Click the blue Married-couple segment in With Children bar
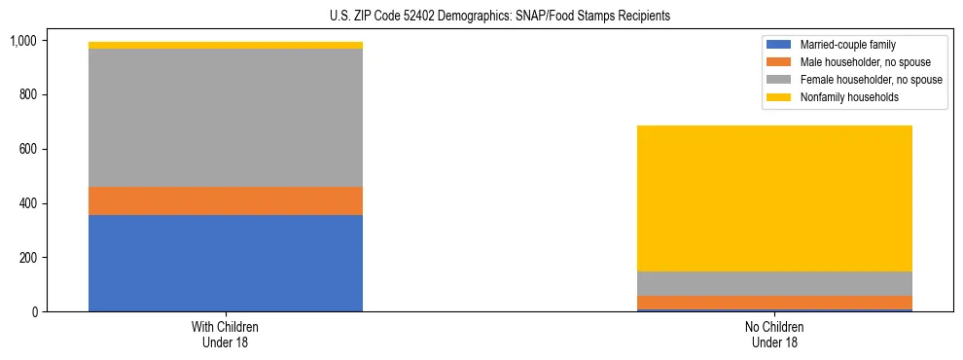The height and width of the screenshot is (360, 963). pos(226,263)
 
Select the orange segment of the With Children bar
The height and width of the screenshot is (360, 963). pos(226,200)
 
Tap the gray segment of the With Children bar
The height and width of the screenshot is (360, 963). pos(226,118)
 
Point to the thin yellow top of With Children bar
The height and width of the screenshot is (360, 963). pos(226,45)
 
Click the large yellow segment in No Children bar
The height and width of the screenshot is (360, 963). pos(774,198)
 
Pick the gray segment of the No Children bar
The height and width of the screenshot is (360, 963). pos(774,283)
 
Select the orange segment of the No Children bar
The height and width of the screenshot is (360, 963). pos(774,303)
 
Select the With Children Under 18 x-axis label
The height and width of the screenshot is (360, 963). pos(226,335)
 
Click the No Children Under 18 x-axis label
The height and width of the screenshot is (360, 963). pos(774,335)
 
